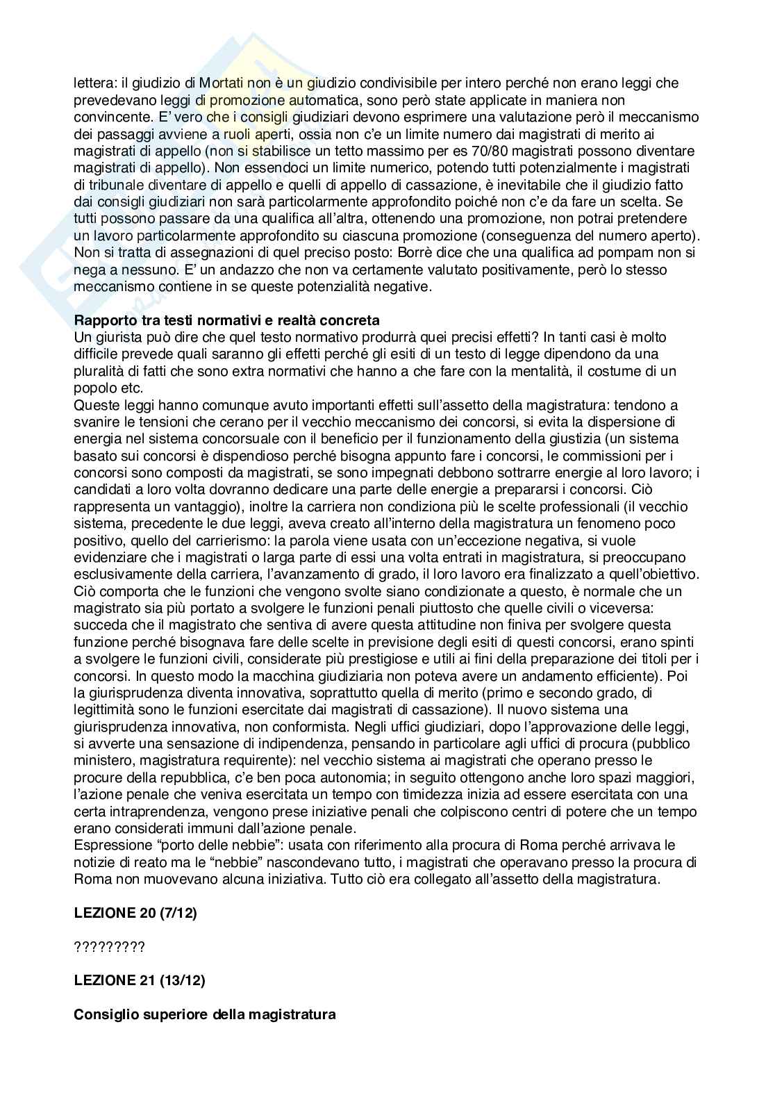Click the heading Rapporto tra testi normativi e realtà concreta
point(226,320)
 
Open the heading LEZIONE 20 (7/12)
point(135,913)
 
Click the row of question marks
point(109,947)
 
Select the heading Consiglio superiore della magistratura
point(205,1014)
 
